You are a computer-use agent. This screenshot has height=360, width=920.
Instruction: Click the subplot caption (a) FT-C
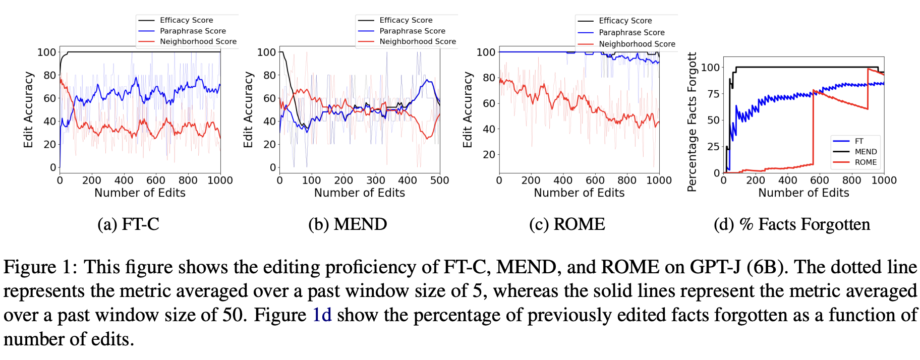(x=128, y=224)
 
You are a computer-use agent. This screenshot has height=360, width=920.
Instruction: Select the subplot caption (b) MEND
(x=348, y=224)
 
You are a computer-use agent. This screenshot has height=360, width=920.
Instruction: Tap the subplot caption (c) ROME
(x=567, y=224)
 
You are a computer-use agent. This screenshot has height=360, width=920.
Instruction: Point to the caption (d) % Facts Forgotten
(x=792, y=224)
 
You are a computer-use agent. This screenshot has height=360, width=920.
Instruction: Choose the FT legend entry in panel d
(x=859, y=141)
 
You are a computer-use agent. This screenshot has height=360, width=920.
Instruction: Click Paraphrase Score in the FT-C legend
(x=193, y=31)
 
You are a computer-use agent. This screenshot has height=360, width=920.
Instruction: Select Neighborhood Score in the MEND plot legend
(x=417, y=41)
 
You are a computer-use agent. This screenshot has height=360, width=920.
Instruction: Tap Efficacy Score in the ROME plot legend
(x=625, y=21)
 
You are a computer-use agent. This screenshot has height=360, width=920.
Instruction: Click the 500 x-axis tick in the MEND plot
(x=439, y=181)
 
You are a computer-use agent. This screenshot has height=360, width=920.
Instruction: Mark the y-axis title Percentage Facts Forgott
(x=692, y=122)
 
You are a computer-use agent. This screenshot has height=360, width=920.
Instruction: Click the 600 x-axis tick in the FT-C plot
(x=155, y=181)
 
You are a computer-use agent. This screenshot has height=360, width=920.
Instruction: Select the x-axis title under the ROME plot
(x=579, y=193)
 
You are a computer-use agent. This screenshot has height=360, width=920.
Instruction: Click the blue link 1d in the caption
(x=322, y=315)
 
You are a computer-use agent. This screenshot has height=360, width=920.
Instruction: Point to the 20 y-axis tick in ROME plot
(x=489, y=154)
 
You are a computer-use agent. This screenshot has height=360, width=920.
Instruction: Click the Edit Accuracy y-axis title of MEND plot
(x=248, y=109)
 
